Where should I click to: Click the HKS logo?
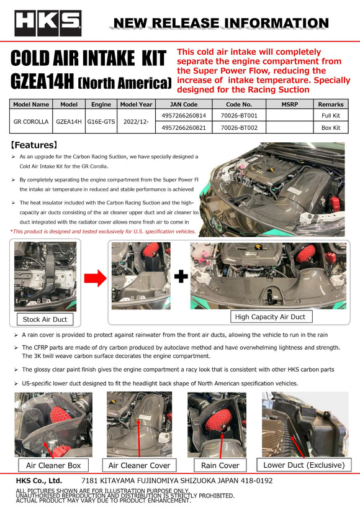tap(48, 23)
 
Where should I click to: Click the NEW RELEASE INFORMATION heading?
tap(221, 24)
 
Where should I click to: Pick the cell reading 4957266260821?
tap(184, 127)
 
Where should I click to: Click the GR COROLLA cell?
tap(31, 122)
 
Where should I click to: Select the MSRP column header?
tap(289, 104)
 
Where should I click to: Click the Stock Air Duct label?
tap(45, 319)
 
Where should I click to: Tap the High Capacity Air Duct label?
tap(270, 316)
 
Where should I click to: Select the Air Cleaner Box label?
tap(53, 465)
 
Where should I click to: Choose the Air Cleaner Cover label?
tap(138, 465)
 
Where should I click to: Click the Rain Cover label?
tap(220, 465)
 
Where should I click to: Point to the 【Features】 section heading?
tap(35, 145)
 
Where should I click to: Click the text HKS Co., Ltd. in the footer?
tap(38, 480)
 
